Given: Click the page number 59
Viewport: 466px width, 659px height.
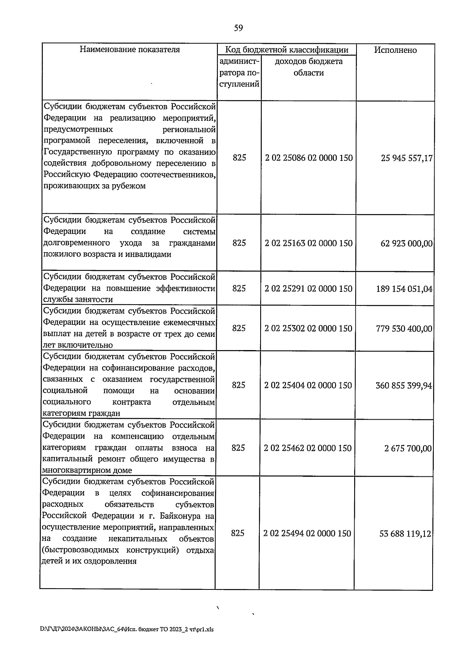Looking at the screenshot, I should coord(238,28).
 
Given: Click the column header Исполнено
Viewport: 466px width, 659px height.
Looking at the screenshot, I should coord(395,50).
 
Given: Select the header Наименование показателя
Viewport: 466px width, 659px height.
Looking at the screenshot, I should coord(130,49).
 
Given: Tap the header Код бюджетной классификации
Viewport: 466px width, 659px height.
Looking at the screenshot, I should coord(287,50).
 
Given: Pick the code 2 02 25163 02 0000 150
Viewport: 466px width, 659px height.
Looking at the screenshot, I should coord(309,243).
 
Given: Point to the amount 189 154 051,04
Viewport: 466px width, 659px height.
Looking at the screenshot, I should coord(404,289).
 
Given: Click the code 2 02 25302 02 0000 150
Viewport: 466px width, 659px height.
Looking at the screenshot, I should coord(308,328).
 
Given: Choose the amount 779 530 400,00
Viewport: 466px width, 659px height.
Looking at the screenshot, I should coord(404,329).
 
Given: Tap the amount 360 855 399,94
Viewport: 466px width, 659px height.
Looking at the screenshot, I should coord(404,386).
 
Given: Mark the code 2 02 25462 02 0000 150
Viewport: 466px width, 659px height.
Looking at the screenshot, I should coord(308,448).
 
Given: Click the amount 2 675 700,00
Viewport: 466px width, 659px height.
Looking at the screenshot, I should coord(408,449).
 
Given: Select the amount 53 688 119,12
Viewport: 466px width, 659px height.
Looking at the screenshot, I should coord(405,534).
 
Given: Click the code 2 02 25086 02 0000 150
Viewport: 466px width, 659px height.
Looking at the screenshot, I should coord(309,158).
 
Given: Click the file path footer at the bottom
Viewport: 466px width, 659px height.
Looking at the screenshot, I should coord(127,629).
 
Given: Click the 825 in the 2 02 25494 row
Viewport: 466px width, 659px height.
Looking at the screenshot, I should coord(238,533).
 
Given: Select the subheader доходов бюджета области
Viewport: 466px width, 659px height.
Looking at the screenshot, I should coord(308,67).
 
